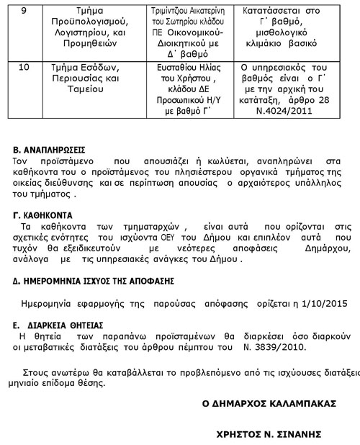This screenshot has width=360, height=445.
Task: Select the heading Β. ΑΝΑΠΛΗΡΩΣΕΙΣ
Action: (50, 150)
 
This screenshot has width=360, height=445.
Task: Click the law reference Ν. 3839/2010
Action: (276, 347)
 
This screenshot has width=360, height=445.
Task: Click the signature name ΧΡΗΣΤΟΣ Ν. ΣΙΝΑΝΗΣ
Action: (266, 434)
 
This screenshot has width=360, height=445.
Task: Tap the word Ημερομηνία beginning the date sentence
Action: (47, 302)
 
